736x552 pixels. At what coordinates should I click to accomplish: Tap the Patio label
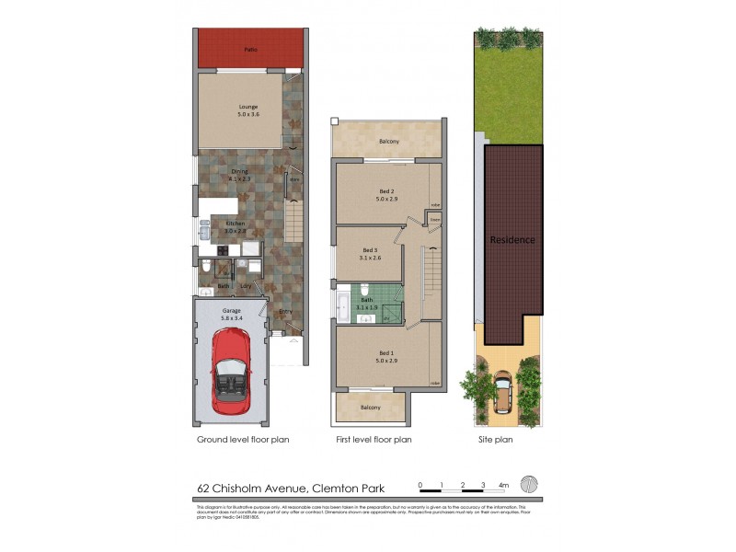tap(250, 50)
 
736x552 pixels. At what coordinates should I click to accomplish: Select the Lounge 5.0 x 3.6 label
tap(249, 111)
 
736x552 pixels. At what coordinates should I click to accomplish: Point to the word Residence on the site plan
tap(512, 239)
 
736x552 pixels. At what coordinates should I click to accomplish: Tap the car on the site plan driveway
tap(504, 390)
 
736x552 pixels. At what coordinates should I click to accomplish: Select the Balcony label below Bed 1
tap(371, 407)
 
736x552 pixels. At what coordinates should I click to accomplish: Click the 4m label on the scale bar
tap(503, 484)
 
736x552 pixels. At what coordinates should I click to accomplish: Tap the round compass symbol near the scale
tap(528, 485)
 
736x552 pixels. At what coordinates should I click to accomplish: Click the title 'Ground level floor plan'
tap(243, 440)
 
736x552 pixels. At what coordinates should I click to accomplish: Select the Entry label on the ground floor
tap(286, 312)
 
